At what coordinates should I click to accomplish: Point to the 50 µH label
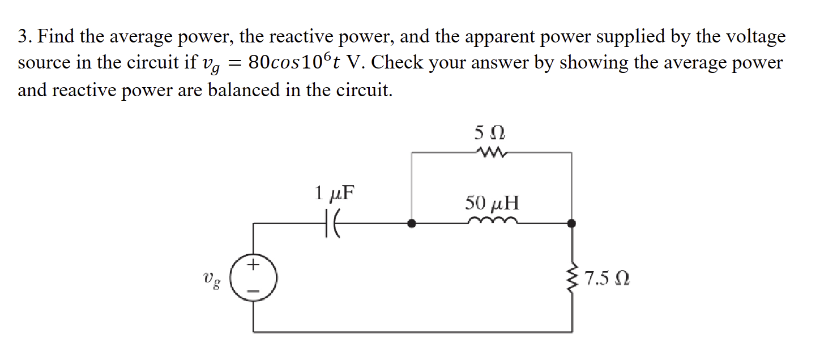[492, 202]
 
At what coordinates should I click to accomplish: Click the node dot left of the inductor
[412, 224]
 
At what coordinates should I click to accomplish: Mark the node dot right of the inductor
[572, 224]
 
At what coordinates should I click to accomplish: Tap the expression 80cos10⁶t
[300, 62]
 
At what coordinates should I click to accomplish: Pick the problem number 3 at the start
[23, 37]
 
